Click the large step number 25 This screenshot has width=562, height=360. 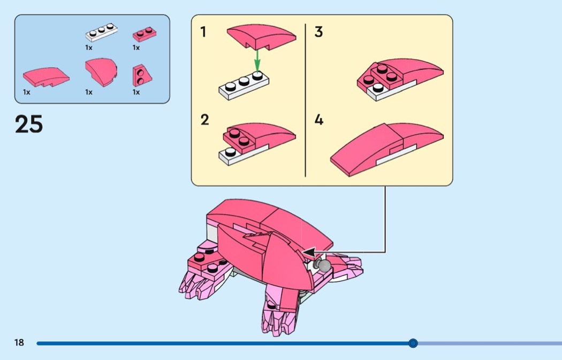[29, 124]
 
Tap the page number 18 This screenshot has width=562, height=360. [19, 342]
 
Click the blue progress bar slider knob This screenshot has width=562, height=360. [413, 343]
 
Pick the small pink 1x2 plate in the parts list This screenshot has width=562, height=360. [145, 34]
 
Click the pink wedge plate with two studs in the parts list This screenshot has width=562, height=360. [142, 75]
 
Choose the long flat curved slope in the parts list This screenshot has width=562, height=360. [46, 76]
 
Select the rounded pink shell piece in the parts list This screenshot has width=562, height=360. [101, 72]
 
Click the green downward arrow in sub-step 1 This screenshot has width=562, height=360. [257, 60]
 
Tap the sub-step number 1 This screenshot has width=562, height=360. [203, 32]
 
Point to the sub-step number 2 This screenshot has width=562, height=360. [204, 120]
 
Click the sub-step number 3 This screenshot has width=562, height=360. [318, 32]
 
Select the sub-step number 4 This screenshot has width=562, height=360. [319, 120]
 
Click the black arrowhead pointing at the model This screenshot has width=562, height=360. [309, 252]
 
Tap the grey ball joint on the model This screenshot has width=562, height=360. [323, 265]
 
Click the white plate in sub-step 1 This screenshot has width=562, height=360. [244, 86]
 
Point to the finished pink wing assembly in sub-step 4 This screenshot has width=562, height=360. [387, 149]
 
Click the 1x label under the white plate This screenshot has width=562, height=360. [88, 47]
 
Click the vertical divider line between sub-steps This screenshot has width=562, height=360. [305, 101]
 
